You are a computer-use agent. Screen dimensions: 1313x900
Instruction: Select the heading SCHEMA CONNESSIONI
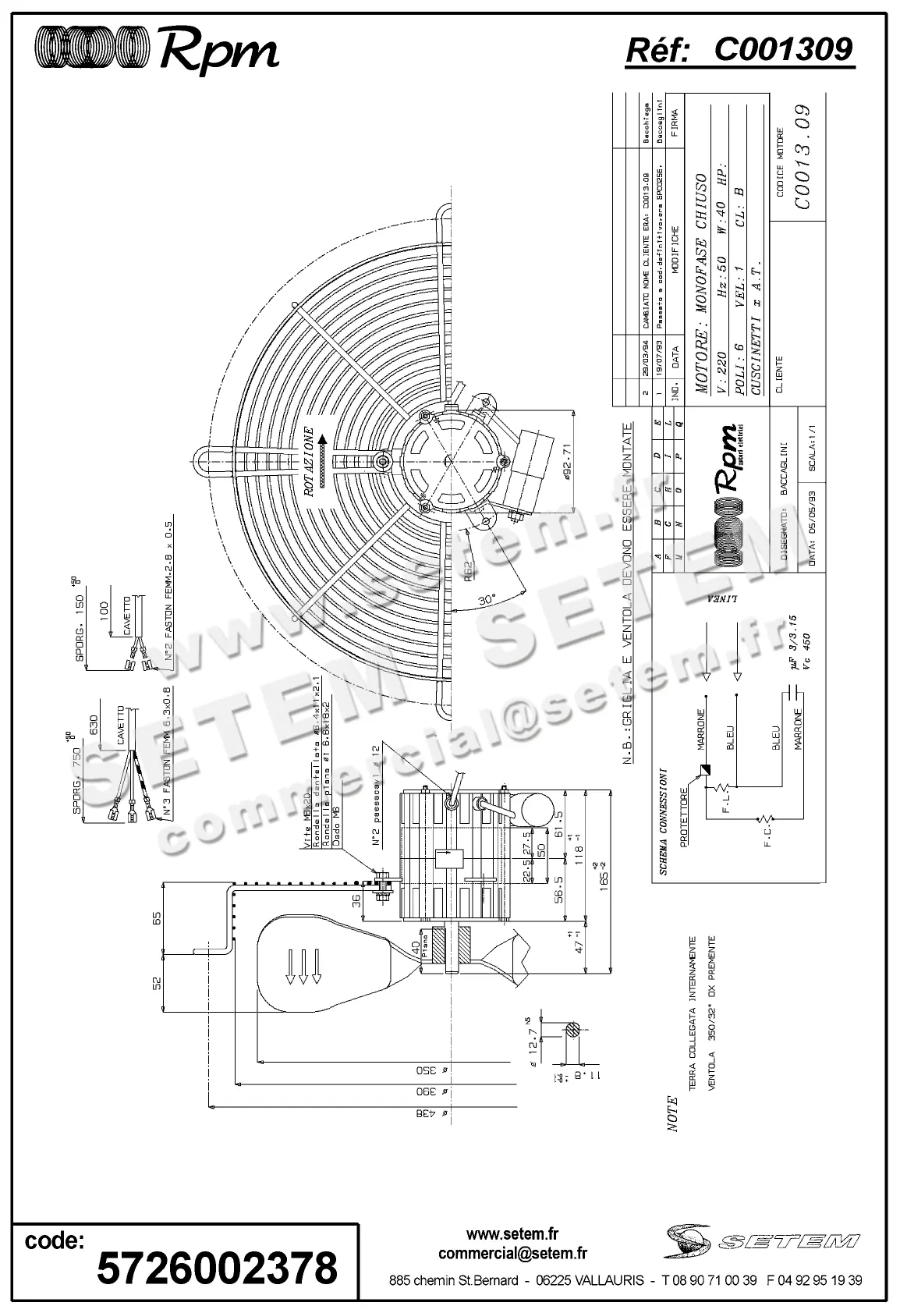click(661, 822)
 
